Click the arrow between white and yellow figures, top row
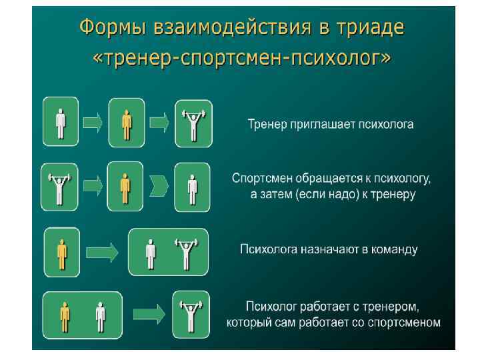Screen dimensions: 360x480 [x=93, y=122]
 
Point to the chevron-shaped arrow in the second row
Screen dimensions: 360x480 [x=159, y=185]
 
